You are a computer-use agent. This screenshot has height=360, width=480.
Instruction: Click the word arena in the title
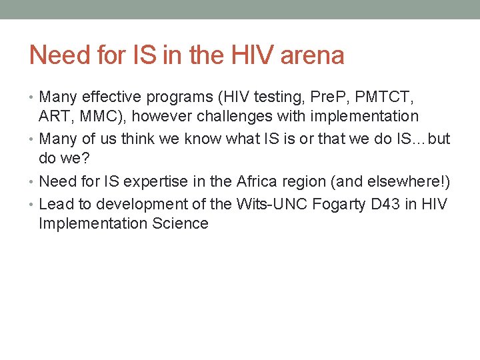click(x=312, y=55)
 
